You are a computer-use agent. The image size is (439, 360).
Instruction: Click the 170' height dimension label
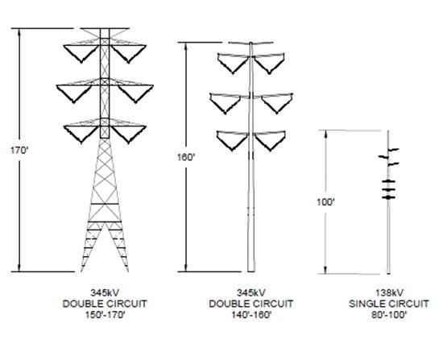(19, 151)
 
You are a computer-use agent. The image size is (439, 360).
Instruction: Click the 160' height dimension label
(185, 157)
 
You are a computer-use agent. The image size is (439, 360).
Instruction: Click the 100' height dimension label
(325, 202)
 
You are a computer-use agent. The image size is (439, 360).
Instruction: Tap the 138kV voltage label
(389, 293)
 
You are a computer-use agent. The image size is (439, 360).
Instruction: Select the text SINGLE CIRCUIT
(389, 304)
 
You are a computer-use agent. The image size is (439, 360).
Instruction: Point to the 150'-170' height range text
(105, 315)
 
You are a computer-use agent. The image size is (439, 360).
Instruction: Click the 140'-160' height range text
(251, 315)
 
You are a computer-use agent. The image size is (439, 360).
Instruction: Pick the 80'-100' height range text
(389, 315)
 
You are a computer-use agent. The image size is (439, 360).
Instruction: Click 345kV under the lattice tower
(105, 293)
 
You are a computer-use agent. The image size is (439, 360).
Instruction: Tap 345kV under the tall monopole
(251, 293)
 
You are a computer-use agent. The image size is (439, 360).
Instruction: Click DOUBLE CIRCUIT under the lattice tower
(105, 304)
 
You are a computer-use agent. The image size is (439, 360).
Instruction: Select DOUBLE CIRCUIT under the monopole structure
(251, 304)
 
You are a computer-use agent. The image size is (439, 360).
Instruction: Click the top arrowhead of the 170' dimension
(19, 32)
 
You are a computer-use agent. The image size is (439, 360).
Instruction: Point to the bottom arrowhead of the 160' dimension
(185, 268)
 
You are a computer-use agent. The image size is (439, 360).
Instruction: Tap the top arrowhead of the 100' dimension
(325, 134)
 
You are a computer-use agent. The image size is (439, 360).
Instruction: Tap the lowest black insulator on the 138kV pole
(388, 197)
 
